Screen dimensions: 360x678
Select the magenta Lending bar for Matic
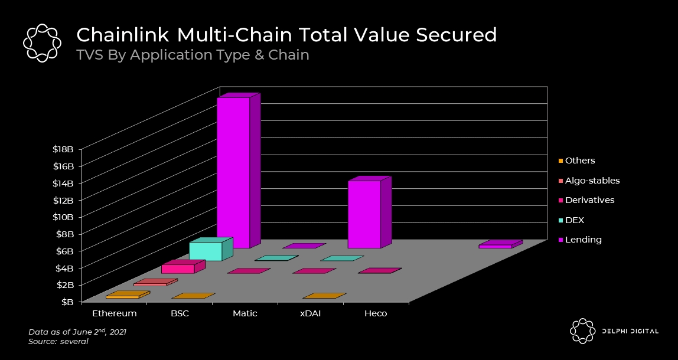click(364, 214)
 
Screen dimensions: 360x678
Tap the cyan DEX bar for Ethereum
click(206, 251)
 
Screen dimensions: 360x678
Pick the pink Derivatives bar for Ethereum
click(178, 269)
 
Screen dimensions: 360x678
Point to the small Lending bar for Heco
click(496, 246)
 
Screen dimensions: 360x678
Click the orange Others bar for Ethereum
click(122, 296)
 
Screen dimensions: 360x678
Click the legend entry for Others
click(579, 161)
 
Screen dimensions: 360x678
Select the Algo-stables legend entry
click(592, 181)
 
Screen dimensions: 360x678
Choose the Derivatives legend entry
click(589, 200)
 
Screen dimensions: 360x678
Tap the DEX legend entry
click(574, 220)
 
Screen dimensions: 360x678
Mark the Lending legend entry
click(583, 240)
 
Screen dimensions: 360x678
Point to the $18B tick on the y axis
click(62, 149)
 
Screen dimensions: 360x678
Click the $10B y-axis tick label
click(62, 217)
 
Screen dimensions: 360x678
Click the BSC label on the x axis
click(180, 313)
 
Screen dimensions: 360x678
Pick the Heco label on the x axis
click(376, 313)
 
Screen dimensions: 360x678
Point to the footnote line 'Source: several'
click(58, 342)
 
